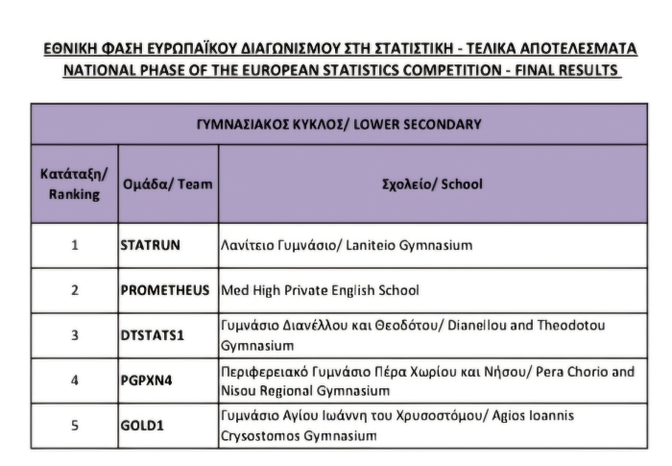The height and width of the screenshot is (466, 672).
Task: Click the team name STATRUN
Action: point(151,245)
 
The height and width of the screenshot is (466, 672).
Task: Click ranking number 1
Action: point(75,245)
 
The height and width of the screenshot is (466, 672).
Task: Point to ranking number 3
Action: point(75,335)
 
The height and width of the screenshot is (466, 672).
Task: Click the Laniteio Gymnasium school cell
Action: point(347,245)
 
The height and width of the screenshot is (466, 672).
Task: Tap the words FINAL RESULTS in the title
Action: point(568,71)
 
